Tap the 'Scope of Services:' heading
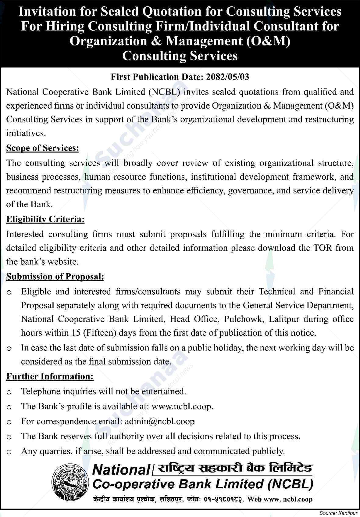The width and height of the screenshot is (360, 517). pos(43,148)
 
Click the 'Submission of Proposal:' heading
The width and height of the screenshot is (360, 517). pos(55,277)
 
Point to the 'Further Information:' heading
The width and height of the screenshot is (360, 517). pos(50,377)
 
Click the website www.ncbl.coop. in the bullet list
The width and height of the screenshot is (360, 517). pos(182,407)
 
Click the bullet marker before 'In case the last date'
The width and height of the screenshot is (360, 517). pos(9,348)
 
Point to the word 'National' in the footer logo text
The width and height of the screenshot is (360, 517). pos(120,470)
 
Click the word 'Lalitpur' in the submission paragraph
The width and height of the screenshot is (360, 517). pos(283,319)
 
